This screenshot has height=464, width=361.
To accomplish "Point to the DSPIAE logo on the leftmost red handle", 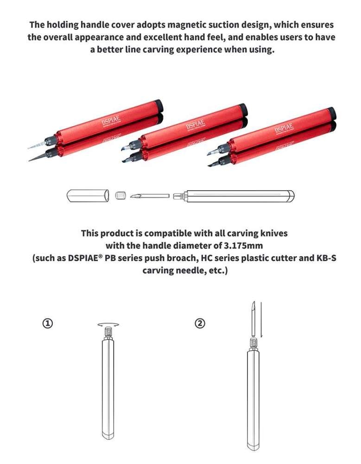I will [x=111, y=122].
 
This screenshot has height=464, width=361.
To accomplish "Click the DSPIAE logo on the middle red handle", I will [x=195, y=124].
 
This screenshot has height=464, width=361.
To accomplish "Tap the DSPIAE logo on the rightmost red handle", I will [x=284, y=127].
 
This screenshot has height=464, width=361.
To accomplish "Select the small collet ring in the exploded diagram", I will [x=120, y=195].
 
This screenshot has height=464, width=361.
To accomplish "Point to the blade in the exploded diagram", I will [x=149, y=196].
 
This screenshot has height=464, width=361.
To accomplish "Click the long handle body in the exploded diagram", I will [x=239, y=195].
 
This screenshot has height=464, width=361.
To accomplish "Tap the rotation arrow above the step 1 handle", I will [x=108, y=324].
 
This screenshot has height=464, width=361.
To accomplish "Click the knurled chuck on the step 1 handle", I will [x=108, y=332].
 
